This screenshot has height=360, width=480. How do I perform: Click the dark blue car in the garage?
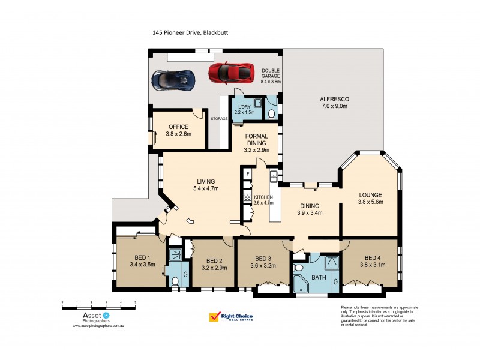[173, 79]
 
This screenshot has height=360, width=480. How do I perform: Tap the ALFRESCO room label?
[334, 98]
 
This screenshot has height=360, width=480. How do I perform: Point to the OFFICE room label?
[178, 127]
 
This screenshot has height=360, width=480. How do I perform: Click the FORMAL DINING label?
[257, 140]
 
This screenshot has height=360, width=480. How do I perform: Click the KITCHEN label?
[263, 197]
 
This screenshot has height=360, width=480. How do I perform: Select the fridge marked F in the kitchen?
[247, 173]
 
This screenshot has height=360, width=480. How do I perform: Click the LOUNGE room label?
[371, 194]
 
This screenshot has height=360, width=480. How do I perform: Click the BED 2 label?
[215, 260]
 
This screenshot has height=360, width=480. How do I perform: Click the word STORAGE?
[219, 119]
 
